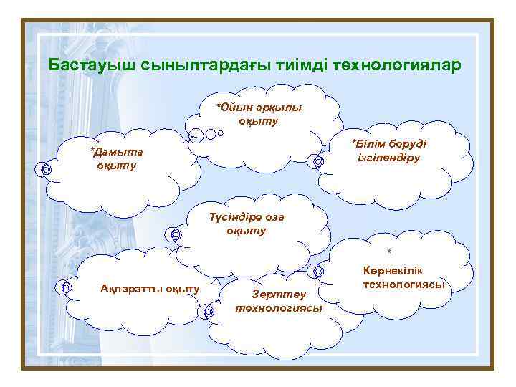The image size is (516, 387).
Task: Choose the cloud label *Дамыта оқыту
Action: (x=116, y=158)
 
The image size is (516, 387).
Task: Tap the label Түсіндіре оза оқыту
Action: (x=246, y=224)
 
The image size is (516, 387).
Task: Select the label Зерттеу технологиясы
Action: (x=278, y=301)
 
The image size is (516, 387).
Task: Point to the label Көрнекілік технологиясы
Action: (x=403, y=278)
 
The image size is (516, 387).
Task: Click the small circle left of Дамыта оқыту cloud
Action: (x=45, y=170)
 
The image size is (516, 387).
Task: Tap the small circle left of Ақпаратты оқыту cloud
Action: (x=64, y=287)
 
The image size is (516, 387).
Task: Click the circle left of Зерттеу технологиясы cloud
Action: (x=208, y=312)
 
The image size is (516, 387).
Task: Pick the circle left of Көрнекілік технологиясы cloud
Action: (x=317, y=272)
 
